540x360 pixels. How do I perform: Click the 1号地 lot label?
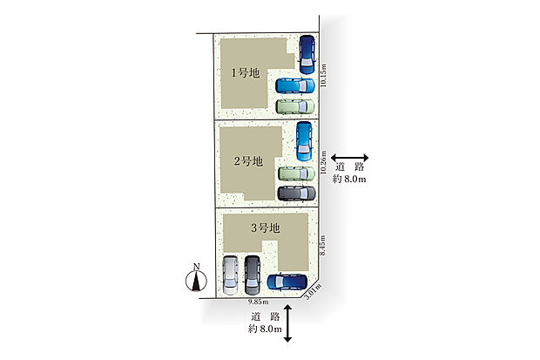(245, 73)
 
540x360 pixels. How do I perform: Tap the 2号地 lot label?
(248, 161)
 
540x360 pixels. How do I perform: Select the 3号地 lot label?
(265, 228)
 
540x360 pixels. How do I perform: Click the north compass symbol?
(196, 278)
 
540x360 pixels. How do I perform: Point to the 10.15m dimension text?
(323, 75)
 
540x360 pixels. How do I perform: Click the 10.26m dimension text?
(323, 162)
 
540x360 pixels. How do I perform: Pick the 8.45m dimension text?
(322, 245)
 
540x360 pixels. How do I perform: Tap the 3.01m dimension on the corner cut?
(314, 291)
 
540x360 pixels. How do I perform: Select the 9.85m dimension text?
(259, 302)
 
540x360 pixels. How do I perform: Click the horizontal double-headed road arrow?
(349, 158)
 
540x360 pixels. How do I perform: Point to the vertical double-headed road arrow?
(287, 323)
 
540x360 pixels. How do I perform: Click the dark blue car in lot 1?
(307, 55)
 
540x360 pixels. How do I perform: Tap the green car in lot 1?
(295, 106)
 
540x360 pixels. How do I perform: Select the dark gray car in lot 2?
(296, 194)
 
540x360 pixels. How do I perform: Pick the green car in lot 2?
(296, 173)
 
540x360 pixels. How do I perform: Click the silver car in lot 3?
(230, 275)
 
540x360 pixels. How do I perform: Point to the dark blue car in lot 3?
(287, 282)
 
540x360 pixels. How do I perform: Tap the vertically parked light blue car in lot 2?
(304, 141)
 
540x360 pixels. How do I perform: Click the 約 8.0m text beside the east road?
(349, 179)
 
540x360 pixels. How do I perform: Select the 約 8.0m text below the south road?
(265, 329)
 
